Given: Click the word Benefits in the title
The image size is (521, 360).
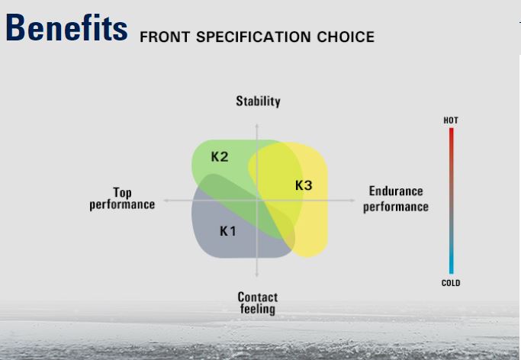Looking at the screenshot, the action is click(66, 27).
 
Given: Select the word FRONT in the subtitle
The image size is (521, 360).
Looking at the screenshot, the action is click(165, 37).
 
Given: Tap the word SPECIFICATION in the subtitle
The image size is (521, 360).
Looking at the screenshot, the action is click(253, 37).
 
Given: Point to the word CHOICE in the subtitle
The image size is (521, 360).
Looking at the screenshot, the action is click(346, 37).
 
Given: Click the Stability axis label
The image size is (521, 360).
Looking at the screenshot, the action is click(258, 101).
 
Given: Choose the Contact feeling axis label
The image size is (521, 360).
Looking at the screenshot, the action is click(258, 303).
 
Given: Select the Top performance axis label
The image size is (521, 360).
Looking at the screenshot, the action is click(122, 198).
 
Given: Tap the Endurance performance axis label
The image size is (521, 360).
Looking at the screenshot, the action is click(396, 199).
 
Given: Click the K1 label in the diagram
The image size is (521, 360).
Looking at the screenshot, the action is click(228, 231).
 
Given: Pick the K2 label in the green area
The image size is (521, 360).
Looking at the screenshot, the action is click(220, 156).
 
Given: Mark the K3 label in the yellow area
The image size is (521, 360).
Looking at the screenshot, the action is click(304, 185).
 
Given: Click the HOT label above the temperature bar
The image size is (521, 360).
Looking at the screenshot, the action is click(451, 121).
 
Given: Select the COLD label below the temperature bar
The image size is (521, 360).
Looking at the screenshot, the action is click(451, 283).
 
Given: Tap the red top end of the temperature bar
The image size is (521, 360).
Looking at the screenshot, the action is click(452, 130).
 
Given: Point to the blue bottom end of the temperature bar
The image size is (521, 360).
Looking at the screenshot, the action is click(452, 272).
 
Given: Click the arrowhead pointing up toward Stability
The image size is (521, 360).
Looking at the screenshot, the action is click(257, 126).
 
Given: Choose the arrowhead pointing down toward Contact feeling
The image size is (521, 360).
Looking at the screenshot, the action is click(257, 275).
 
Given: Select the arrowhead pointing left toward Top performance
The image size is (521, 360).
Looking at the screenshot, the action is click(166, 201).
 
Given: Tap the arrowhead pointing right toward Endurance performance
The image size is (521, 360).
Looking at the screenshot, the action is click(353, 201).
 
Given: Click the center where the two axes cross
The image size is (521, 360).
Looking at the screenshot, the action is click(257, 201).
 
